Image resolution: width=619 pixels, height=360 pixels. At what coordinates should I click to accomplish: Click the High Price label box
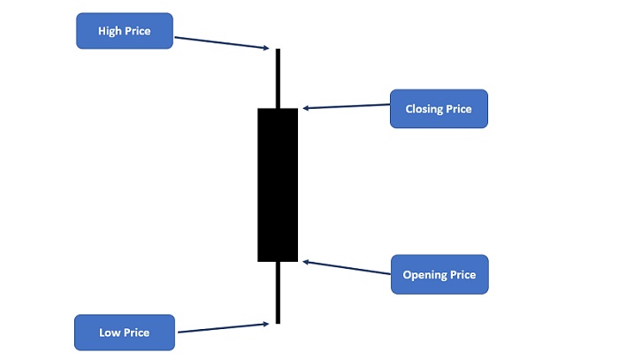125,31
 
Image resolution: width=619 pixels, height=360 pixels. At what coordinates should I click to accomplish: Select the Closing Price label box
439,109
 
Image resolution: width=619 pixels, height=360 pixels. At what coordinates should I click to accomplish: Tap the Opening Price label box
439,274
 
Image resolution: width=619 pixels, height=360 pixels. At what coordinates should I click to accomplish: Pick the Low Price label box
125,333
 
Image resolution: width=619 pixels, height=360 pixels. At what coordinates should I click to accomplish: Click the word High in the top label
110,31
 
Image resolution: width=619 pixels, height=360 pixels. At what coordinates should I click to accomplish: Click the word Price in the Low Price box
136,333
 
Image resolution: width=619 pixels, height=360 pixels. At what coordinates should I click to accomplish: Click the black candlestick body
278,185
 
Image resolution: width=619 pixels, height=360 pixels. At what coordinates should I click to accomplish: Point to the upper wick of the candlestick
278,78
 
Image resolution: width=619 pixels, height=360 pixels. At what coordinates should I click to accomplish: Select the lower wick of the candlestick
278,293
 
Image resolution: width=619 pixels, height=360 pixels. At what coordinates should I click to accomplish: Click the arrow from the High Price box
221,43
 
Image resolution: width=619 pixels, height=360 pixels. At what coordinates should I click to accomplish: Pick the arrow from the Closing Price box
347,106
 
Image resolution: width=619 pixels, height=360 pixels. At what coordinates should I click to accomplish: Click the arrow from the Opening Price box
347,267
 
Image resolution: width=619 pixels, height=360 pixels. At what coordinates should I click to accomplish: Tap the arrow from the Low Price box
224,328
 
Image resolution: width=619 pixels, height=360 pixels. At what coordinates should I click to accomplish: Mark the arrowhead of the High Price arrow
266,48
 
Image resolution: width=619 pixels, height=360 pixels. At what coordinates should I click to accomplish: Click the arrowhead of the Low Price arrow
266,324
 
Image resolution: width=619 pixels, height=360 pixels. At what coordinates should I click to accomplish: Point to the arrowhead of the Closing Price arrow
306,108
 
